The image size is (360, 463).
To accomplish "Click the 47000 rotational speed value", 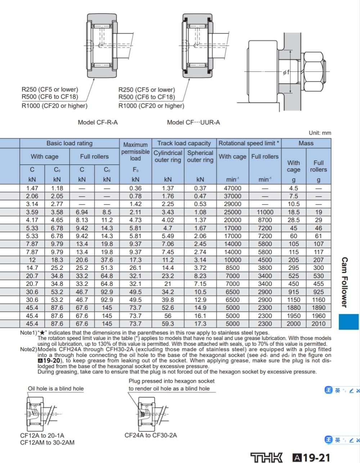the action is (233, 188).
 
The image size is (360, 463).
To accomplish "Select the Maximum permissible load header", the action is (136, 151).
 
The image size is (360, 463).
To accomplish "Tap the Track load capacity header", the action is (184, 143).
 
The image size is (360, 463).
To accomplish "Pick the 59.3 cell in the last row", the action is (168, 324).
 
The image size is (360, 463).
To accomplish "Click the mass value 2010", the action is (319, 324).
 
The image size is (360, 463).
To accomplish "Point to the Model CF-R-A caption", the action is (98, 122).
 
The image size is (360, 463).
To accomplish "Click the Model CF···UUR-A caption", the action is (193, 122).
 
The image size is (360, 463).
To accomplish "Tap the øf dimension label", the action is (286, 72).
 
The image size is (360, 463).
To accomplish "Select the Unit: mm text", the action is (320, 133).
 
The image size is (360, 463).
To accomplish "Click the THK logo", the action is (266, 457).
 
